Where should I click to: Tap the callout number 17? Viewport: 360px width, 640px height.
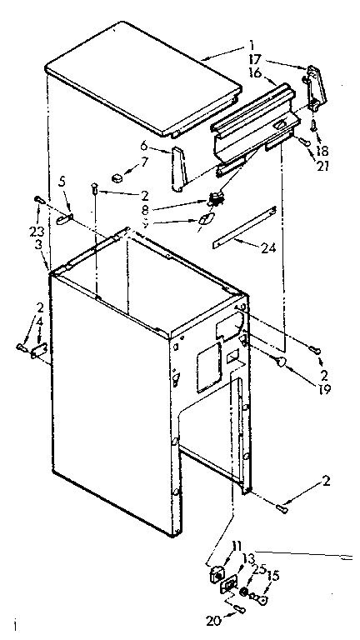tap(254, 59)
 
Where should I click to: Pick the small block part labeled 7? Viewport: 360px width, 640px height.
tap(119, 176)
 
